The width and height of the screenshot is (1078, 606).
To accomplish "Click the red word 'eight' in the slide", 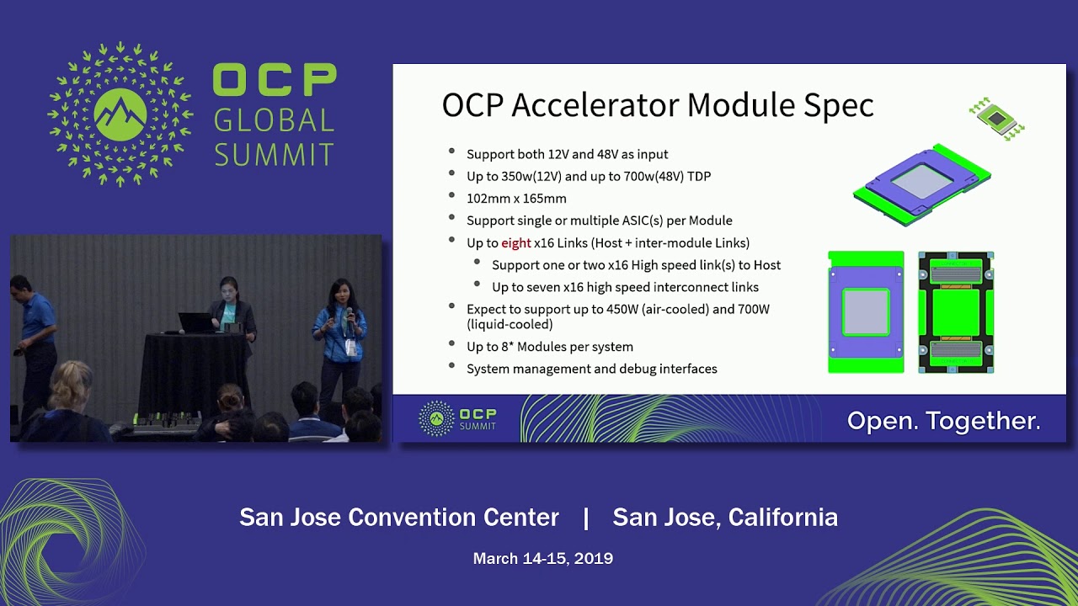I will click(516, 243).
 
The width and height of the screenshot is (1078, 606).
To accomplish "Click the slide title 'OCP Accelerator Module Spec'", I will click(658, 105).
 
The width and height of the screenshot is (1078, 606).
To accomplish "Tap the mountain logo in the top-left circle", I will click(120, 114).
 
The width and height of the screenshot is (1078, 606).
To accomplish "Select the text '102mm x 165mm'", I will click(516, 199).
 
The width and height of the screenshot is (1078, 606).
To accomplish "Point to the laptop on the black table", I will click(196, 322).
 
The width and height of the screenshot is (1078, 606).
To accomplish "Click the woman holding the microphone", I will click(342, 337).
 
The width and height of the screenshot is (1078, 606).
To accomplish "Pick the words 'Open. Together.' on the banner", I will click(943, 421).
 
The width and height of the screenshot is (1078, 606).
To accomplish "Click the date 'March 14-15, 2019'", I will click(542, 558).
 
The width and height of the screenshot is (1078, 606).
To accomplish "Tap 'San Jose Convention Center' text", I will click(399, 518).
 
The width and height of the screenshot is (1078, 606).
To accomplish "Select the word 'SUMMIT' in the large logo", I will click(275, 155).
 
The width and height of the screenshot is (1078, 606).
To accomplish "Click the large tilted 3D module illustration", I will click(921, 183).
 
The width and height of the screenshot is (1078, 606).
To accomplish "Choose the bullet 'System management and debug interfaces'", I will click(591, 369).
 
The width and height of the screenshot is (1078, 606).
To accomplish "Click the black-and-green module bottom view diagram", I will click(956, 312).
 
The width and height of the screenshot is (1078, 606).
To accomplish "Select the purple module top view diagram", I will click(866, 312).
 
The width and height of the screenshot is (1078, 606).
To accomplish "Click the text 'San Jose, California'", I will click(725, 518).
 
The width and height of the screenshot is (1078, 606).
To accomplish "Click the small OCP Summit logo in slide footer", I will click(458, 418).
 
